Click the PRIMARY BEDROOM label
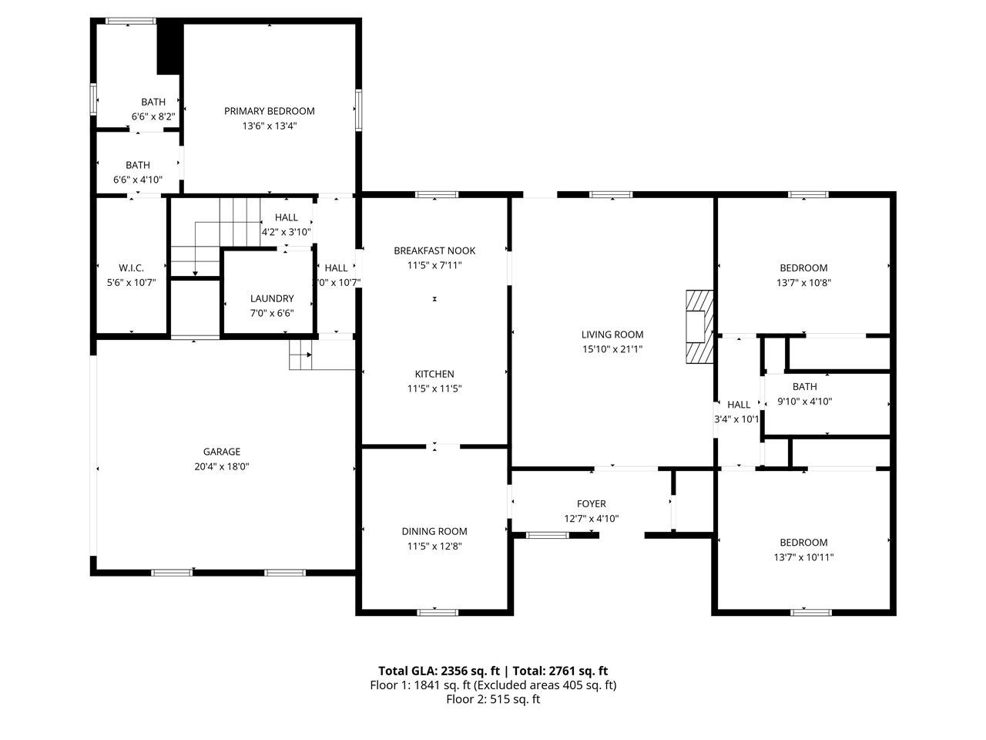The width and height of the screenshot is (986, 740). [269, 111]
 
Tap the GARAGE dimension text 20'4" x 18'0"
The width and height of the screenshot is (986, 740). [221, 466]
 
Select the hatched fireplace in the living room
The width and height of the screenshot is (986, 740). [699, 327]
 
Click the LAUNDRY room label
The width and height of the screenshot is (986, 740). [272, 298]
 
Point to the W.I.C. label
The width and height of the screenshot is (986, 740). [131, 267]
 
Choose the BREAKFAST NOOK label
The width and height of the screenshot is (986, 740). [434, 251]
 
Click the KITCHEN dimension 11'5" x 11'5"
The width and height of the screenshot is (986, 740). [434, 388]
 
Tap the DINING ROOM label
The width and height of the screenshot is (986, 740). [434, 532]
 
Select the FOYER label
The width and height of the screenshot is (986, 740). [591, 503]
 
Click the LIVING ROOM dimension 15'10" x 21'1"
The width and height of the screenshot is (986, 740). [612, 349]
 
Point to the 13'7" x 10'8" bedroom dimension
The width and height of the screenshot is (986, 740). [803, 283]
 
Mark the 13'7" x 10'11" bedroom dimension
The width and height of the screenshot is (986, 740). [803, 557]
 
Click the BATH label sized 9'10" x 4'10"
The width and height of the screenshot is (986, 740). [804, 386]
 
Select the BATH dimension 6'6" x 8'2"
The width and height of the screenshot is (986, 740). [153, 117]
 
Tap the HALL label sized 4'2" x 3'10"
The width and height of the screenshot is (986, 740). [286, 217]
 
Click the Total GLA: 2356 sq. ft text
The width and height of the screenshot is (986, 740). [439, 671]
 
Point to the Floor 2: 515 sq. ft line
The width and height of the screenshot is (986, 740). [493, 699]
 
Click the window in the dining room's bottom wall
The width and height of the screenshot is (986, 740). [438, 612]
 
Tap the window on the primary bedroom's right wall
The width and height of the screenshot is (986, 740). [358, 110]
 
